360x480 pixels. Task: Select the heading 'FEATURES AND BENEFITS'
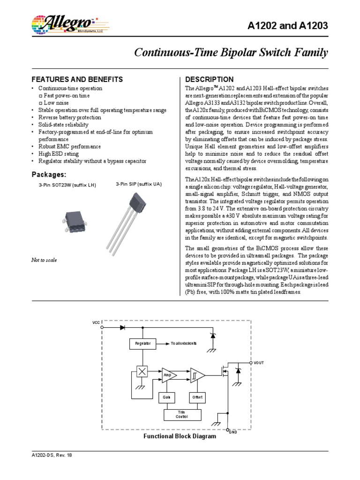77,79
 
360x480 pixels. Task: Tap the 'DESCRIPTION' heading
210,79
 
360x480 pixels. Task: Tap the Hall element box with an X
141,371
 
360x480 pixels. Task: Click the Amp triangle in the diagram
168,375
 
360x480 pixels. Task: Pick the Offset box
196,397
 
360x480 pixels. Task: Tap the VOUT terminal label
259,363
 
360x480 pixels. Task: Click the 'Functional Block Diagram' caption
180,436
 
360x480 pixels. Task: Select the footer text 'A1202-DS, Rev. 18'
49,455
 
